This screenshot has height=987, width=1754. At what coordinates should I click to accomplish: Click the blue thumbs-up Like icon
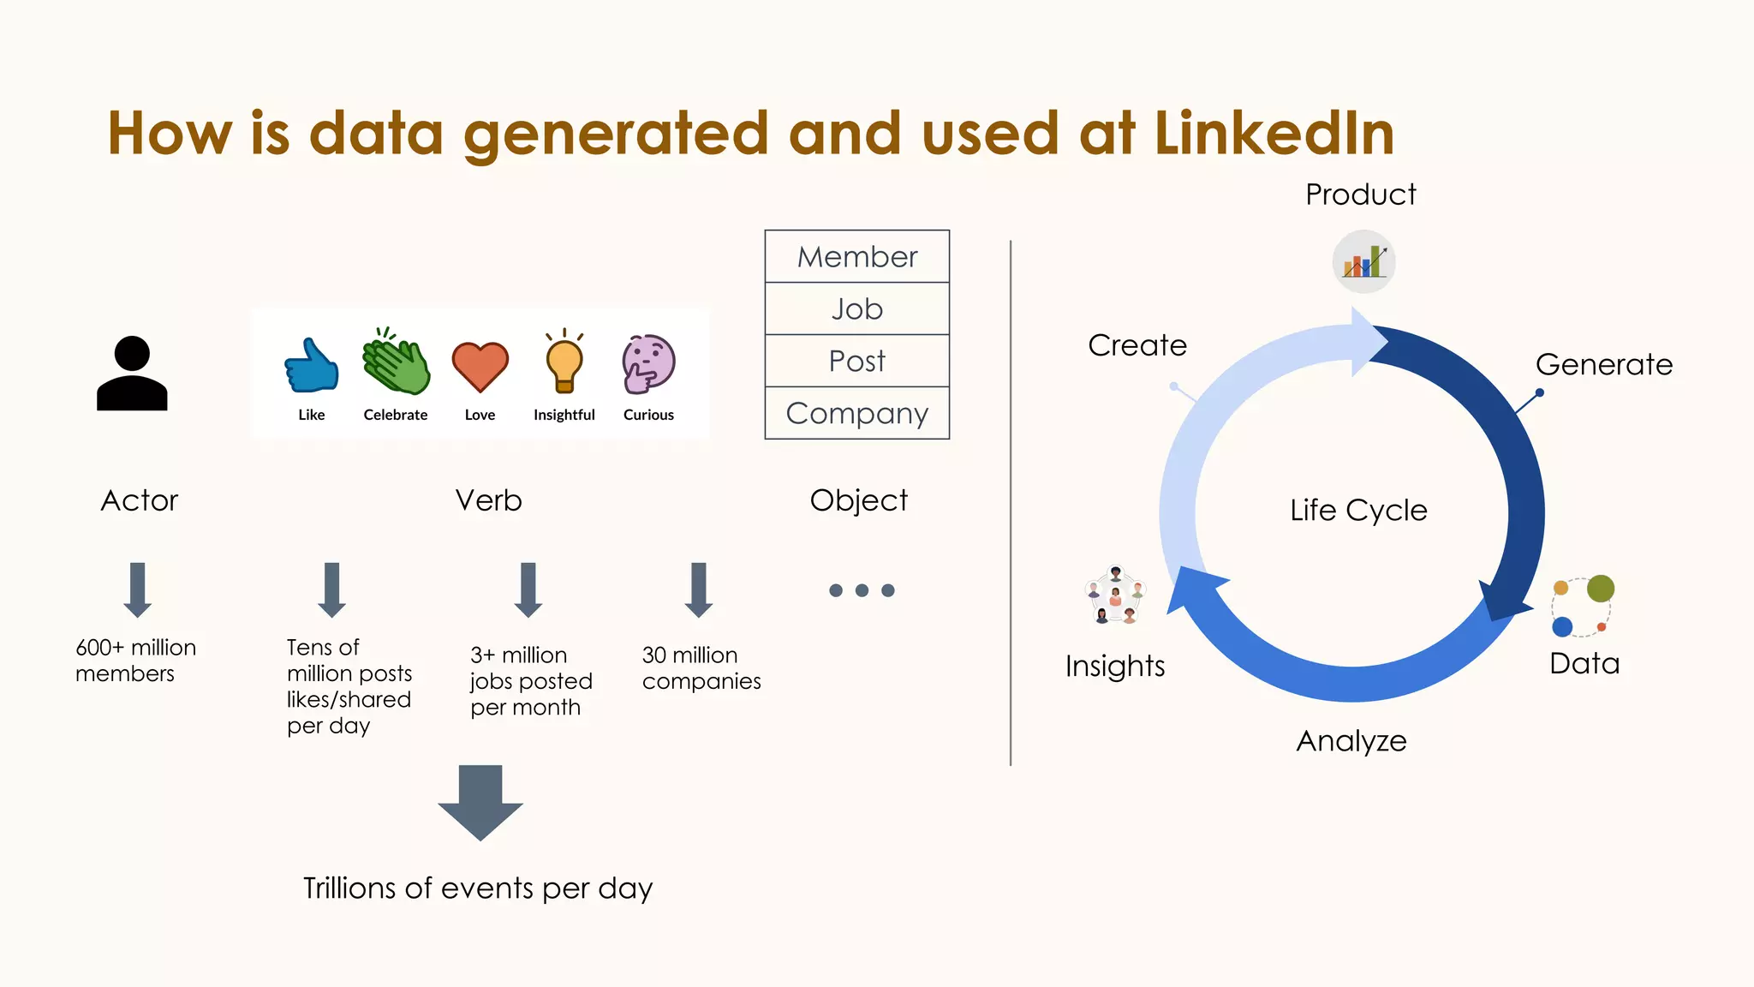(x=312, y=366)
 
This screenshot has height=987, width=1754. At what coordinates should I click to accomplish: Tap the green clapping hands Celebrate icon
(x=396, y=362)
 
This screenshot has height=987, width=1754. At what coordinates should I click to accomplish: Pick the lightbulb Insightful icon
(x=564, y=362)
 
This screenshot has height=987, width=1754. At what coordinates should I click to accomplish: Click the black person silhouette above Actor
(x=132, y=374)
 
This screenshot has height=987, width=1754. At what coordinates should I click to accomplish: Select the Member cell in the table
(x=856, y=256)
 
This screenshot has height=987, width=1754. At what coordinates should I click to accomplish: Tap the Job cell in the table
(x=856, y=308)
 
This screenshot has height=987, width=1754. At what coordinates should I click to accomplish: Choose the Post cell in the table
(x=856, y=361)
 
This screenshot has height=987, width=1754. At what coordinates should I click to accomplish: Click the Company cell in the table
(x=856, y=413)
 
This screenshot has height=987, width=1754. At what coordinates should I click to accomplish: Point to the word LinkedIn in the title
(x=1274, y=134)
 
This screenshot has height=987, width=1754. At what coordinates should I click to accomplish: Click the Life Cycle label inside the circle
(x=1358, y=511)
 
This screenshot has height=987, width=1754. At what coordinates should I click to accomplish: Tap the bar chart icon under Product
(x=1364, y=261)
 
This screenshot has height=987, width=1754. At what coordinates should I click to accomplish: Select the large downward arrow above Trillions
(x=480, y=802)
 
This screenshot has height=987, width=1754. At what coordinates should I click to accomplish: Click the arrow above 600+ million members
(x=137, y=589)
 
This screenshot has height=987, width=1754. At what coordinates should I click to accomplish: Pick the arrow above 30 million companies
(x=699, y=589)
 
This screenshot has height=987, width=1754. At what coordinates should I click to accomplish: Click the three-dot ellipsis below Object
(x=862, y=590)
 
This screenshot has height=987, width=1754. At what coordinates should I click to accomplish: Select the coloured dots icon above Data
(x=1582, y=607)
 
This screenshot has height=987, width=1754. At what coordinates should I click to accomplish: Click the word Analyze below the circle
(x=1351, y=741)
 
